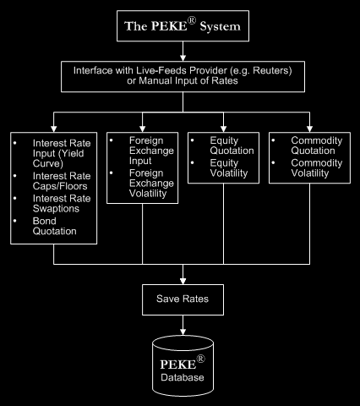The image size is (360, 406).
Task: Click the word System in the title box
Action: click(220, 27)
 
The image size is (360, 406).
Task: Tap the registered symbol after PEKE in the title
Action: click(192, 20)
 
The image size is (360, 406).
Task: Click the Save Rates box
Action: click(183, 299)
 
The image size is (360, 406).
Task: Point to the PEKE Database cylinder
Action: click(183, 365)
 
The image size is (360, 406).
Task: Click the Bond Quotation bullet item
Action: click(55, 226)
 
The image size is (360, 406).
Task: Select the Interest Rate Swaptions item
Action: click(62, 204)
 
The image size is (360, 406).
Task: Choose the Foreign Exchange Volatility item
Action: click(151, 184)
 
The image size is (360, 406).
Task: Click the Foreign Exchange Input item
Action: click(151, 151)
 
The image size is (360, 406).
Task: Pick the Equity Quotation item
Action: click(232, 145)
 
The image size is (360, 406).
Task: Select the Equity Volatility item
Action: click(229, 167)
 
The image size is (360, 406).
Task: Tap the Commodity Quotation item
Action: click(317, 145)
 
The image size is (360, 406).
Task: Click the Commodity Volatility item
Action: click(317, 167)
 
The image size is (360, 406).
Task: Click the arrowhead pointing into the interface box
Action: click(183, 58)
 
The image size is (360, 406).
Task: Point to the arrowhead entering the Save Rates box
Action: click(183, 281)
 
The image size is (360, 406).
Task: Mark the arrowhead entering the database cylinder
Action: click(183, 332)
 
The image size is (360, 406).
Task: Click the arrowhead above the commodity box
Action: click(309, 129)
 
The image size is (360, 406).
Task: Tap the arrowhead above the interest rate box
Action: click(53, 129)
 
